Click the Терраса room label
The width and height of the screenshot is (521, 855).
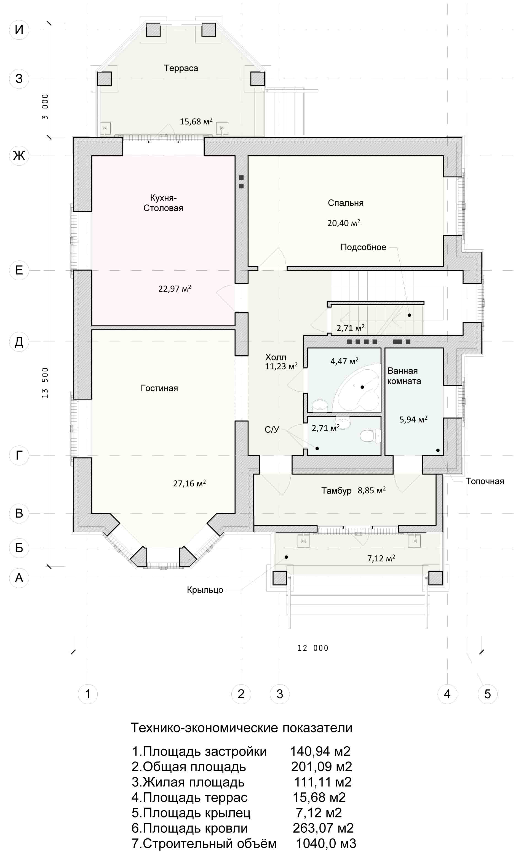tap(181, 68)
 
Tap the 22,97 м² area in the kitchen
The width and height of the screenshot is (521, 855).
tap(175, 288)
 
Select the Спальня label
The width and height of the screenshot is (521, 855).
tap(346, 203)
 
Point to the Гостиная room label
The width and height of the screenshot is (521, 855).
tap(159, 388)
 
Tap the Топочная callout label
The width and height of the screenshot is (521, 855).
tap(485, 481)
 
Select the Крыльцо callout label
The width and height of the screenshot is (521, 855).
tap(205, 590)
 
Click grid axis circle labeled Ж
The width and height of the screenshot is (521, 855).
tap(19, 155)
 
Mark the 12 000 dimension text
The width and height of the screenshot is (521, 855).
tap(313, 648)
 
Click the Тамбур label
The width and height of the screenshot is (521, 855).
tap(336, 491)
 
